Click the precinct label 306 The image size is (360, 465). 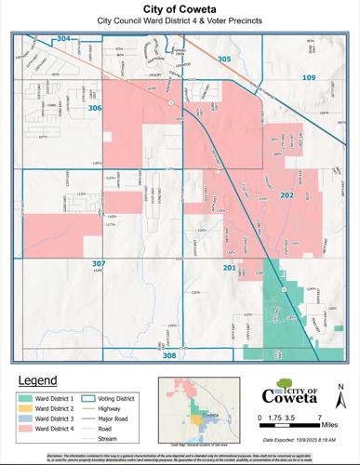click(x=95, y=109)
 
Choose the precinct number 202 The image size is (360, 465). click(x=287, y=196)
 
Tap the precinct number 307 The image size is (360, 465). click(x=100, y=264)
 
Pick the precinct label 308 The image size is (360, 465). click(x=168, y=355)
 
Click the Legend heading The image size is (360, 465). click(x=38, y=381)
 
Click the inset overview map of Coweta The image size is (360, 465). click(x=193, y=409)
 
